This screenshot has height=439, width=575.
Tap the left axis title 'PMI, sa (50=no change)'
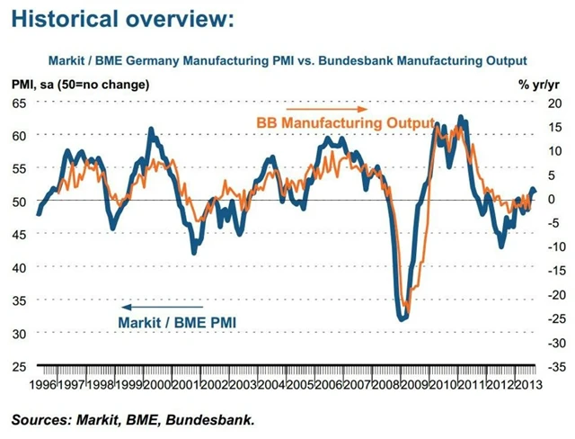click(x=81, y=85)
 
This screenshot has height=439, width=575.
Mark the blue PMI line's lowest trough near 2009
click(x=402, y=318)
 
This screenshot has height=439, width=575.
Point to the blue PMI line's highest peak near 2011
click(x=461, y=117)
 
